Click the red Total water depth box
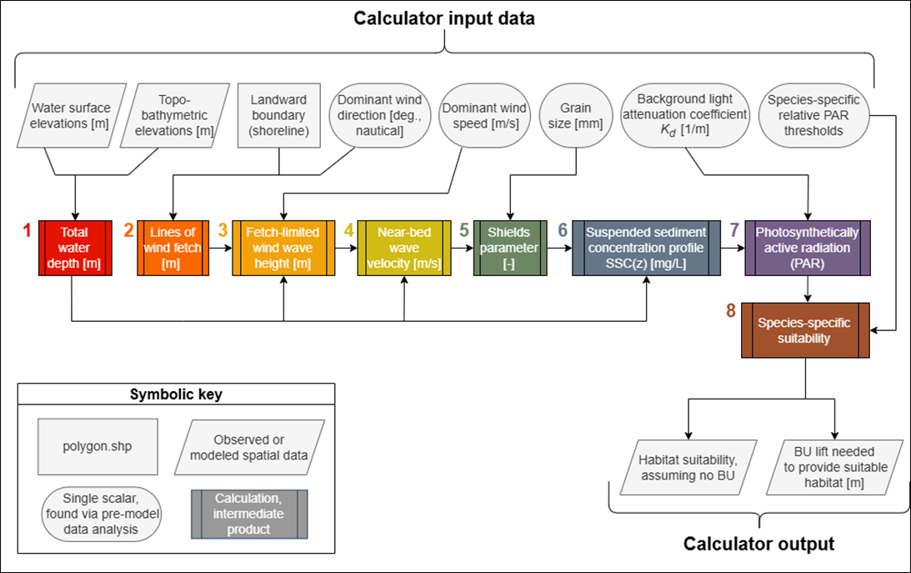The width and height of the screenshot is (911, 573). [x=73, y=247]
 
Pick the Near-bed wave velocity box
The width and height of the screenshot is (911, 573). [x=403, y=247]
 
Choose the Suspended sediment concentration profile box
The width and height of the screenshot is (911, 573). [x=646, y=247]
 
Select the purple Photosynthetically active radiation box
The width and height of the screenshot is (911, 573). [x=808, y=247]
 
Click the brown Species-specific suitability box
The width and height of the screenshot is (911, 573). [x=805, y=330]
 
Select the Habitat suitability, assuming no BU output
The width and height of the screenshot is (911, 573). [x=688, y=468]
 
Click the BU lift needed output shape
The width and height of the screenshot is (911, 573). [x=842, y=468]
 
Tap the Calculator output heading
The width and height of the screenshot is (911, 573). [x=758, y=544]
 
